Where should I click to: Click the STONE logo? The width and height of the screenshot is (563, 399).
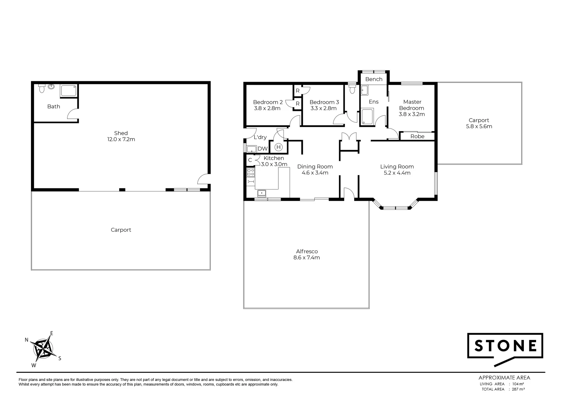click(x=505, y=346)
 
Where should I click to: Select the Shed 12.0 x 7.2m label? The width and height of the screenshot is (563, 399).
click(x=121, y=136)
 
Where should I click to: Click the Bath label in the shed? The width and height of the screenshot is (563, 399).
click(x=53, y=106)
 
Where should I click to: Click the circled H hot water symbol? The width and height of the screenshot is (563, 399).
click(x=279, y=147)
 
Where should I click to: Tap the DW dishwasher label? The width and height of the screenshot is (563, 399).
click(x=262, y=149)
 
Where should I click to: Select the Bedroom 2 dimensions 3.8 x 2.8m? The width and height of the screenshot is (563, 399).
click(x=267, y=109)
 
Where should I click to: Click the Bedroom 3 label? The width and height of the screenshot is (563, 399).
click(x=324, y=102)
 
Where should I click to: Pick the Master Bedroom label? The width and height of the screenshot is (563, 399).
click(x=412, y=105)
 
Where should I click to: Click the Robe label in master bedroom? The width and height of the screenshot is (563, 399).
click(x=417, y=136)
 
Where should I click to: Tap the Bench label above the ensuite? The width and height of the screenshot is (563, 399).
click(x=374, y=79)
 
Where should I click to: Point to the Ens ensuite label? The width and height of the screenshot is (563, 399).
click(x=374, y=102)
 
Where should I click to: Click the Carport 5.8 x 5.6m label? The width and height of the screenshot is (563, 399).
click(x=479, y=123)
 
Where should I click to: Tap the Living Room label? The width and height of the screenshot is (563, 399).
click(x=397, y=167)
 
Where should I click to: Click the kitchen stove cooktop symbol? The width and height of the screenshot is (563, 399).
click(x=251, y=172)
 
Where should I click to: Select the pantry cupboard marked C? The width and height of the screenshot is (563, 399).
click(x=250, y=160)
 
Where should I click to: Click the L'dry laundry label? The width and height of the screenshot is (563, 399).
click(x=260, y=137)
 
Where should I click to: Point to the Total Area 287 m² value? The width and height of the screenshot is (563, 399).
click(x=518, y=389)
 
